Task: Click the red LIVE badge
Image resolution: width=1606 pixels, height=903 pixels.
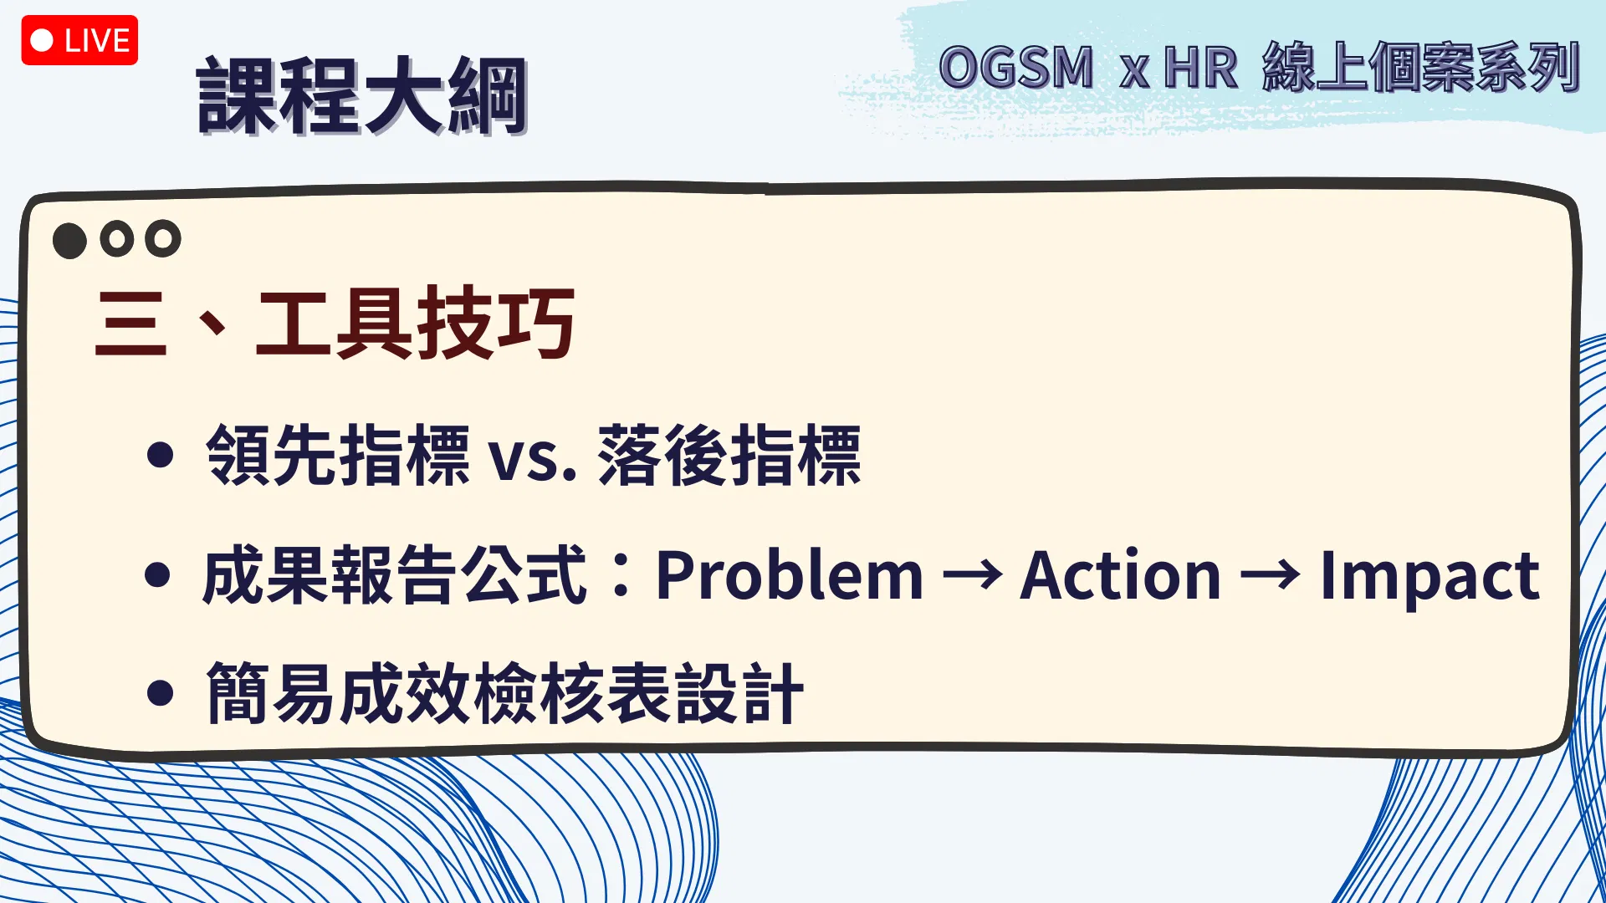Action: [79, 40]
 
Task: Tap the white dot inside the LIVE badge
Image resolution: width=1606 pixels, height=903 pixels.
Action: [42, 40]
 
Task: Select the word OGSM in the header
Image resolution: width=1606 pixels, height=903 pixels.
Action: [1016, 67]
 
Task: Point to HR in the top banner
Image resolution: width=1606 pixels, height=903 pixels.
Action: [1200, 67]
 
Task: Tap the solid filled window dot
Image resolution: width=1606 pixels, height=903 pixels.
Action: [69, 241]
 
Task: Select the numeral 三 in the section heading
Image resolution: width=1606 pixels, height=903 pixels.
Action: [130, 324]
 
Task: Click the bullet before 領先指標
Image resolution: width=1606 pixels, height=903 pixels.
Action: [159, 455]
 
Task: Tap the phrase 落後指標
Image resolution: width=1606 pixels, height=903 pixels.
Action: [729, 455]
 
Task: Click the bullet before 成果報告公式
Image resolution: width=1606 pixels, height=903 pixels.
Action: [158, 574]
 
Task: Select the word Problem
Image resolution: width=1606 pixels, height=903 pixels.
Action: [790, 576]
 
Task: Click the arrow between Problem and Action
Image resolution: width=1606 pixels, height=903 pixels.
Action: [972, 575]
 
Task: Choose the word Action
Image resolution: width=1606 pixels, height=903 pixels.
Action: [1121, 575]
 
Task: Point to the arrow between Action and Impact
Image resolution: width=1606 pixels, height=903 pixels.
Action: [1270, 575]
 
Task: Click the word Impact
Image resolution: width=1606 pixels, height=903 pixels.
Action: [1430, 577]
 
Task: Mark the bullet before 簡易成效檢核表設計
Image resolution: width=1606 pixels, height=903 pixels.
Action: [159, 692]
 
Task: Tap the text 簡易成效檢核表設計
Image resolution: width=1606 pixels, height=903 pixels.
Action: [504, 692]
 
